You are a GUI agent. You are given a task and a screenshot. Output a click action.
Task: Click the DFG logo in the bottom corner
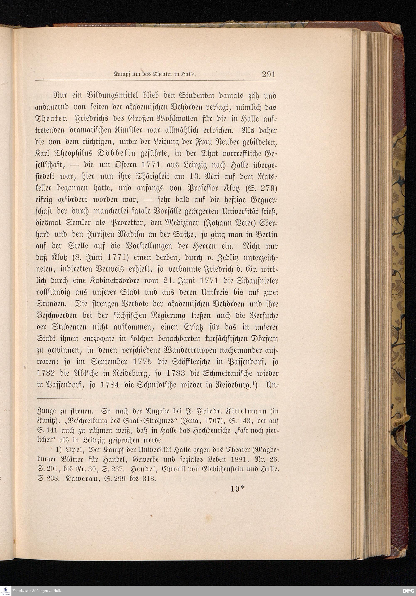point(408,591)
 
